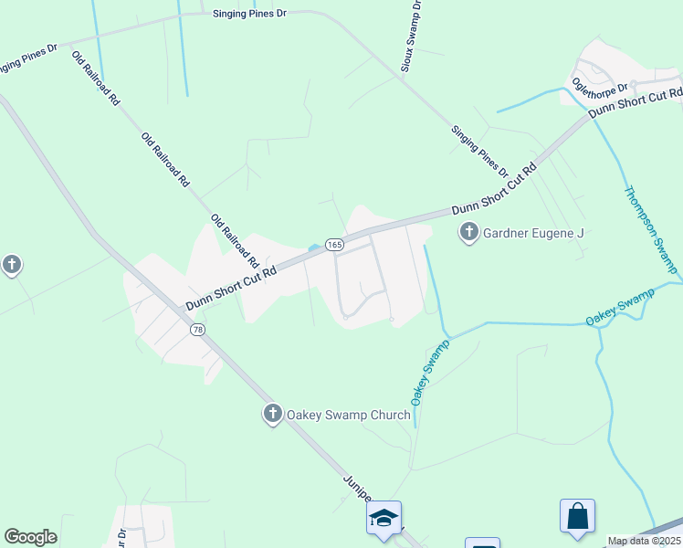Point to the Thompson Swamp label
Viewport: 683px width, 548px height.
pyautogui.click(x=650, y=229)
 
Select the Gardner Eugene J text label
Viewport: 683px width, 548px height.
pyautogui.click(x=533, y=233)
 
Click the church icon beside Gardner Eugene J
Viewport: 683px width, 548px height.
pyautogui.click(x=469, y=233)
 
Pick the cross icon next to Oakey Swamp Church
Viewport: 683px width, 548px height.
pyautogui.click(x=272, y=415)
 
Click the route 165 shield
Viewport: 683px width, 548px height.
pyautogui.click(x=334, y=244)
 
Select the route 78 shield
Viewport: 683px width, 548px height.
pyautogui.click(x=196, y=329)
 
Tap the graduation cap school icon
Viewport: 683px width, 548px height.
pyautogui.click(x=384, y=518)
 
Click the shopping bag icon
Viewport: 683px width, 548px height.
pyautogui.click(x=578, y=516)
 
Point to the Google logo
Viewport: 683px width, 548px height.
pyautogui.click(x=30, y=537)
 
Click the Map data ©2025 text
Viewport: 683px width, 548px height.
pyautogui.click(x=644, y=541)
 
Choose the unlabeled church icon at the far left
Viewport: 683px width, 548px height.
pyautogui.click(x=11, y=266)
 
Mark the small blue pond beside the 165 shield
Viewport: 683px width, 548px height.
pyautogui.click(x=315, y=247)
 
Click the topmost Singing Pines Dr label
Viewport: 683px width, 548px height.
pyautogui.click(x=249, y=15)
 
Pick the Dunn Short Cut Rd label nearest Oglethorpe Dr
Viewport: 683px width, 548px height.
pyautogui.click(x=636, y=102)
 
